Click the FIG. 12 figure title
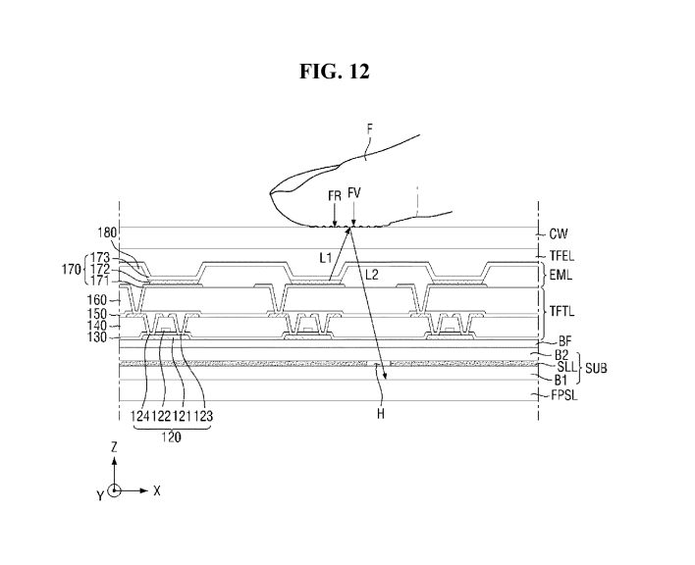[x=334, y=72]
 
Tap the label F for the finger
[x=370, y=128]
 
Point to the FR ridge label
[x=335, y=196]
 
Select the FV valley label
[x=354, y=193]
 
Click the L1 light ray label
[x=326, y=258]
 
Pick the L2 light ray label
[x=372, y=275]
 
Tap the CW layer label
[x=558, y=233]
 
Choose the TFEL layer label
[x=562, y=256]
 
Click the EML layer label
[x=561, y=275]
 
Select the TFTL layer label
[x=562, y=311]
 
